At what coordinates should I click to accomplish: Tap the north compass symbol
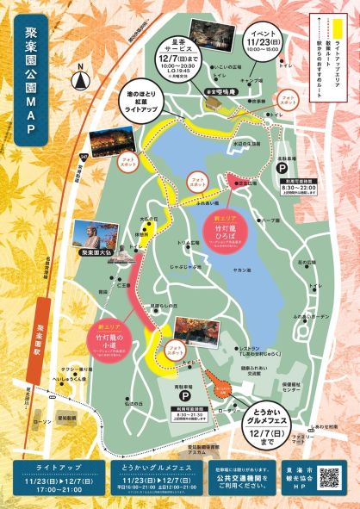(x=81, y=79)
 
